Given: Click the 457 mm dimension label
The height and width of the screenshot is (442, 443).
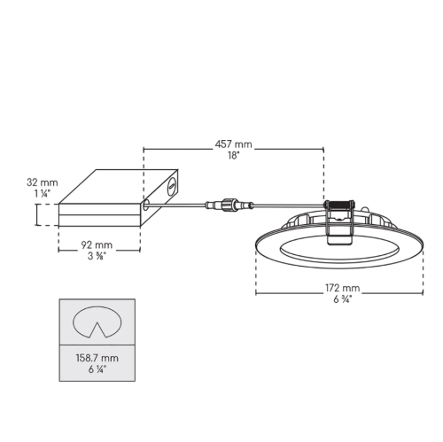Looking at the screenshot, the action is pos(233,144).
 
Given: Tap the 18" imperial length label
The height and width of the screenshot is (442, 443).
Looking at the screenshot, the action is pos(233,156).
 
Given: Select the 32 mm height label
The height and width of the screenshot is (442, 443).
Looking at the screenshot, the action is pos(43,182).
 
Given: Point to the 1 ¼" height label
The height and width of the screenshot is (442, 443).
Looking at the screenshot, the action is pos(43,194).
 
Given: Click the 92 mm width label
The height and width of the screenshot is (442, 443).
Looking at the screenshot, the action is pos(97,244).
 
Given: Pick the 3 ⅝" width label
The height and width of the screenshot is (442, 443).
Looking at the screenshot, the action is pos(97,256).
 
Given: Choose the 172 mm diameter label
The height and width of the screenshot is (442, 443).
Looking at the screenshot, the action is pos(343,288).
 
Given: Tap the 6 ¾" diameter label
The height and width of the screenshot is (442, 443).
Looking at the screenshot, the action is pos(343,299).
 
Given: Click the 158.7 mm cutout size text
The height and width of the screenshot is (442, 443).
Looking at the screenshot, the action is pos(97,358).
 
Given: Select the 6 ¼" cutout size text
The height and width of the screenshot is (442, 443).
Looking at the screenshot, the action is pos(97,369).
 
